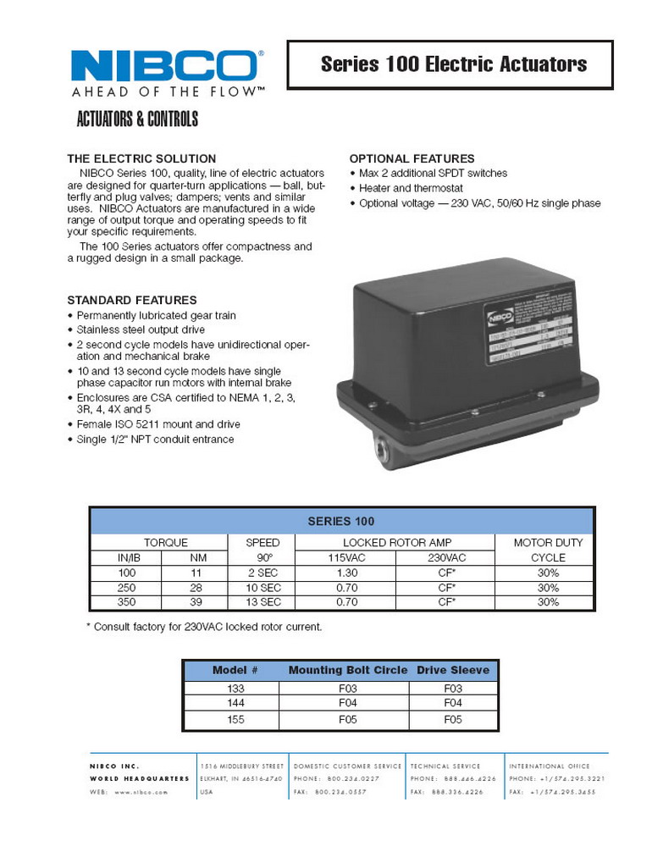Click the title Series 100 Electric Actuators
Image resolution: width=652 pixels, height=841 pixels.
tap(453, 64)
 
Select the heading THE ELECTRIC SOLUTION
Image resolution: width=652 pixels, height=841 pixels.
tap(141, 158)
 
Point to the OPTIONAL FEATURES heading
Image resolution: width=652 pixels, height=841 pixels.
tap(412, 158)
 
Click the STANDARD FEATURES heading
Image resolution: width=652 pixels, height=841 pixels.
tap(131, 300)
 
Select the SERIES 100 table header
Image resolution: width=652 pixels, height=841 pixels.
tap(342, 521)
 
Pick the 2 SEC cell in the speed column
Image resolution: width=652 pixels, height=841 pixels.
tap(262, 573)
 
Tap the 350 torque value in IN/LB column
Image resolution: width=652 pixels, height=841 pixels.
tap(126, 602)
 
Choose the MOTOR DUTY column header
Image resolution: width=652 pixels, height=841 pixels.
tap(548, 542)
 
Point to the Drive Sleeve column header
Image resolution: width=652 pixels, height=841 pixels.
tap(452, 670)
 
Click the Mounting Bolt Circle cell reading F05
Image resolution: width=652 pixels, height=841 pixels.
tap(348, 719)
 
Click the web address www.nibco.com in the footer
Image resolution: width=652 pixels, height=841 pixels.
tap(130, 792)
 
